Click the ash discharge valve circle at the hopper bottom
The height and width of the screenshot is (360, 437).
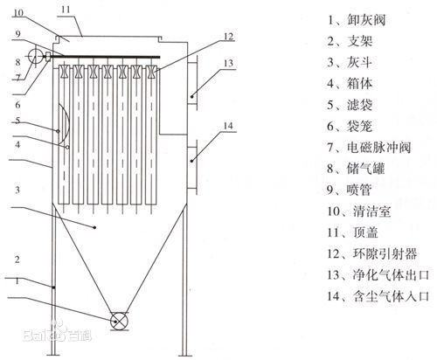[x=119, y=322]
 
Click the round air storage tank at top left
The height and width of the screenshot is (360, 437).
[x=35, y=55]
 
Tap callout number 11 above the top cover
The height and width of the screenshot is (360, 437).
[x=66, y=10]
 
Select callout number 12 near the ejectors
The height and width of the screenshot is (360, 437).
[x=229, y=37]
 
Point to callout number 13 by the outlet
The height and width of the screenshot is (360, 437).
[x=229, y=63]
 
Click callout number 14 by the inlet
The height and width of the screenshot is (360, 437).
[x=228, y=126]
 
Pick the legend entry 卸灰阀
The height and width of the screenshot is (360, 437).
[x=357, y=20]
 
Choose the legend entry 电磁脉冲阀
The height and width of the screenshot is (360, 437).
[x=369, y=148]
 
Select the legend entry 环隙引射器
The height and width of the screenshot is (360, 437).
[x=372, y=253]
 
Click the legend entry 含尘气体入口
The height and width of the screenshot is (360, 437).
[x=378, y=296]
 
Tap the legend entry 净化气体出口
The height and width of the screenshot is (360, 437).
[x=378, y=275]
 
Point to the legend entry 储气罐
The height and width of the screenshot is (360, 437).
[x=356, y=169]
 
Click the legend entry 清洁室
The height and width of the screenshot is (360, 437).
[x=359, y=211]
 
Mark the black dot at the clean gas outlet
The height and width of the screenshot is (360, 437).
[x=192, y=96]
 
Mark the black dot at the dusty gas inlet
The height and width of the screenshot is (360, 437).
[x=192, y=161]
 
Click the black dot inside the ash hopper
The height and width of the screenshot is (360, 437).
[x=94, y=227]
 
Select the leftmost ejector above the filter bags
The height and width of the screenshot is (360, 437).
[x=64, y=72]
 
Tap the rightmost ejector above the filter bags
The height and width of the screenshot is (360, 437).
[x=151, y=72]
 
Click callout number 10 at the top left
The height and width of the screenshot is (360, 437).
[x=18, y=12]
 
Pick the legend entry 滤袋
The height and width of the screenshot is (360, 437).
[x=350, y=105]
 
